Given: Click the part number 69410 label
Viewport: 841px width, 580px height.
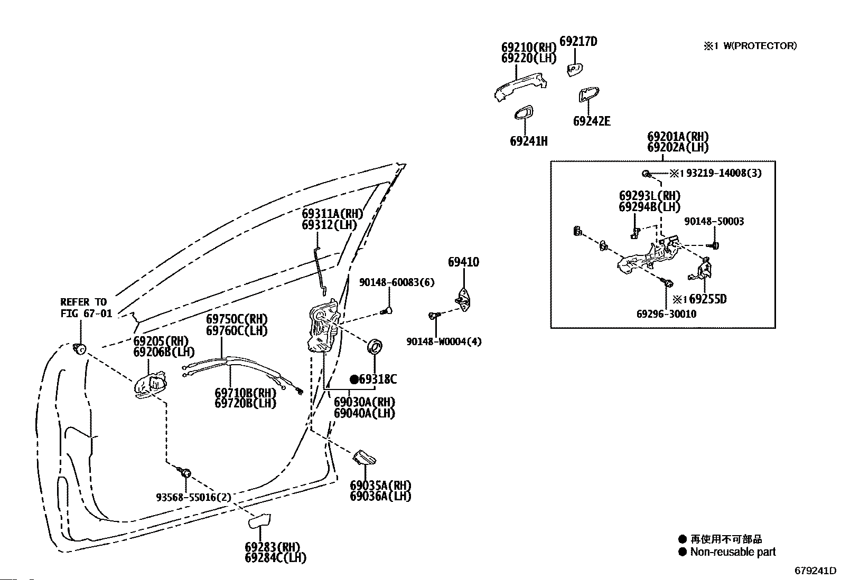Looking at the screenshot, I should [463, 262].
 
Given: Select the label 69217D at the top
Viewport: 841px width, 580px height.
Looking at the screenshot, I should [578, 42].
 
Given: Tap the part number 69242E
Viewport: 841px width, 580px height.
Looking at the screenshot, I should [592, 121].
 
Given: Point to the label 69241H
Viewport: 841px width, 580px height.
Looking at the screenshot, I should [528, 141].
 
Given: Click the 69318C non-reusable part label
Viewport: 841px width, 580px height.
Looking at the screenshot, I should [377, 379].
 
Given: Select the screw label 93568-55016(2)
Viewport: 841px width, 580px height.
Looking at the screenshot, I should [193, 497].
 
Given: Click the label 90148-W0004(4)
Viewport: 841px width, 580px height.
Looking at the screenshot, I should [444, 341].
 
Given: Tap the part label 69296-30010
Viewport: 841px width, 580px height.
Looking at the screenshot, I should [666, 314].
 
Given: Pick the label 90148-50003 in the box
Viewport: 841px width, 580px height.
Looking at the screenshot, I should [714, 222].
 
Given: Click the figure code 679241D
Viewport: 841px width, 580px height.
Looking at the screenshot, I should [816, 571].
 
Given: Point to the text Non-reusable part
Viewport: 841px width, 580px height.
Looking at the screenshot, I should [733, 552].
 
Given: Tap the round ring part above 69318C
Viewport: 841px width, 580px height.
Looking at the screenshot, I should [375, 347].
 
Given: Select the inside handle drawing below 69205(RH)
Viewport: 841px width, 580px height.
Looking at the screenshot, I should [151, 386].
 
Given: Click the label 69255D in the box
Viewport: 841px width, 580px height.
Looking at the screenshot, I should [707, 299].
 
